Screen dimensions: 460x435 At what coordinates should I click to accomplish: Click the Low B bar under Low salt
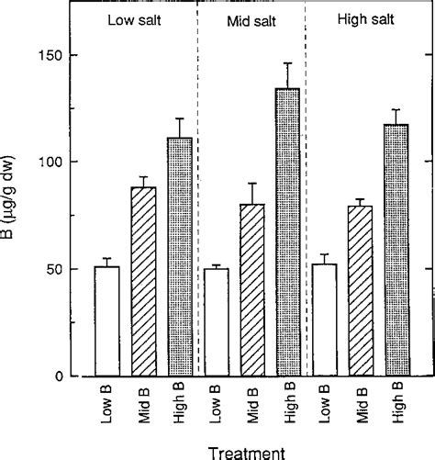click(107, 321)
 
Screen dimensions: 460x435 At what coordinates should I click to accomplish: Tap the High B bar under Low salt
click(181, 257)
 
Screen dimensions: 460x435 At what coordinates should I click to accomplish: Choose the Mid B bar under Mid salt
click(251, 290)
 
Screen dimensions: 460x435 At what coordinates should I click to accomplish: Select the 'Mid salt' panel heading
click(249, 20)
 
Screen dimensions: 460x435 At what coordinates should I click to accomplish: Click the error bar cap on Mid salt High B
click(287, 63)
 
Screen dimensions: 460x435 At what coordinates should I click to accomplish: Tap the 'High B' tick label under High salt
click(397, 404)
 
